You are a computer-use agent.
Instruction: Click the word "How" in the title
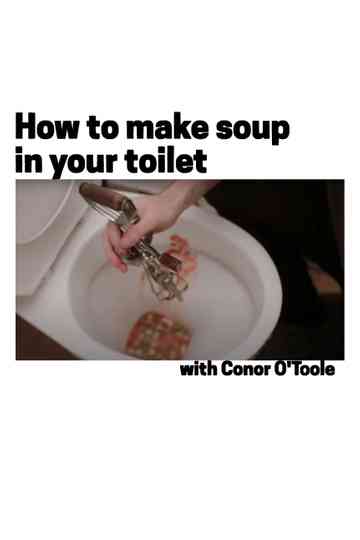[45, 128]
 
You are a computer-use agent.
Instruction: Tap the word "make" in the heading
[160, 128]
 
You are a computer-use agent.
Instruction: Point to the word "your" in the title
[84, 161]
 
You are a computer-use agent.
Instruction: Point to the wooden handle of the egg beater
[104, 197]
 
